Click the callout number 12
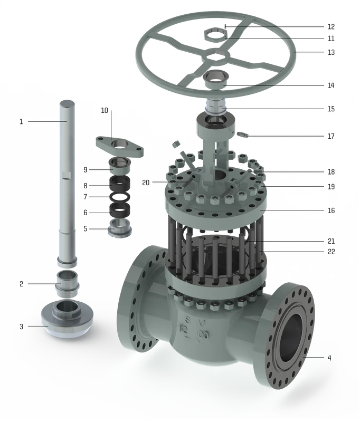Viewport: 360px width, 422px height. coord(331,27)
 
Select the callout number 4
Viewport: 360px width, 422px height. coord(329,358)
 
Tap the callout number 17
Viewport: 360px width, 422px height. coord(331,136)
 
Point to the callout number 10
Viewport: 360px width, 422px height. coord(105,110)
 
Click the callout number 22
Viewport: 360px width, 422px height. coord(331,252)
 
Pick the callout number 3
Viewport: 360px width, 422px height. coord(22,327)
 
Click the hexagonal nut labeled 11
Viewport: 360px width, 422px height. coord(216,35)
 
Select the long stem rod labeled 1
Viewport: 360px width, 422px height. coord(67,183)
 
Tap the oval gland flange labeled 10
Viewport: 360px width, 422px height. coord(120,146)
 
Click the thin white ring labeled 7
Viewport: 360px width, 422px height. coord(120,197)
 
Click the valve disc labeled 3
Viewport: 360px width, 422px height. coord(67,319)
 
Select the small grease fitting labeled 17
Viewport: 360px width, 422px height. coord(243,135)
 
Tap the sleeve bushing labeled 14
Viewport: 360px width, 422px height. coord(216,79)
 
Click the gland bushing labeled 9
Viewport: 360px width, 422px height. coord(120,166)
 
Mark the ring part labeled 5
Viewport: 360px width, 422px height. coord(120,228)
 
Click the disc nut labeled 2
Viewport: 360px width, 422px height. coord(67,284)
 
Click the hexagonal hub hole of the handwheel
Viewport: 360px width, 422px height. coord(216,56)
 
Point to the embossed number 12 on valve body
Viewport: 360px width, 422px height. coord(183,329)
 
